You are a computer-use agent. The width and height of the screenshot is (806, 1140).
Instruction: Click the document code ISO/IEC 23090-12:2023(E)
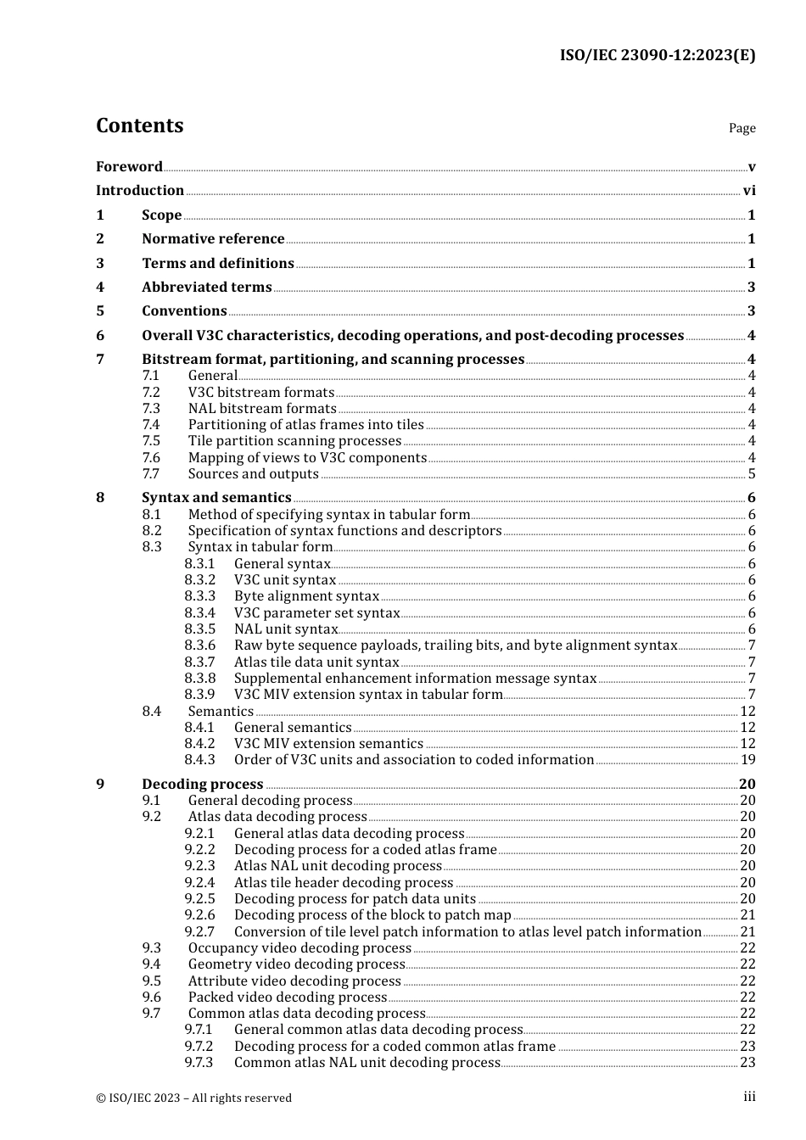pos(657,55)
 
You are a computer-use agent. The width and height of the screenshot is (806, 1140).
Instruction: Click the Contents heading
pos(139,126)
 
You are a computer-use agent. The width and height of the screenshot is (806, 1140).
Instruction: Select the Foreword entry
pos(129,167)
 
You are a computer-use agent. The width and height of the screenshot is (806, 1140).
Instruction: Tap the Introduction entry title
pos(140,191)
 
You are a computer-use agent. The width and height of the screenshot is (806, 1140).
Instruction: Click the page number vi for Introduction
pos(749,191)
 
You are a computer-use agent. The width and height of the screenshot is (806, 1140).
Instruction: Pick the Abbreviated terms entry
pos(206,288)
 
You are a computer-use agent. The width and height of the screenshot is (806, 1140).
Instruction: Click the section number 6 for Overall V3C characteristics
pos(100,336)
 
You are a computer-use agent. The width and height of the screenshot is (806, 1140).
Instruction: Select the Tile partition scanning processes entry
pos(294,441)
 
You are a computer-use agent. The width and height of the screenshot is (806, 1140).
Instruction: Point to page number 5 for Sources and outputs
pos(752,474)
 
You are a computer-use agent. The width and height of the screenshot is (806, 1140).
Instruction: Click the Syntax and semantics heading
pos(216,498)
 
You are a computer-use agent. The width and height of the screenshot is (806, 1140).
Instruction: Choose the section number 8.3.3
pos(200,596)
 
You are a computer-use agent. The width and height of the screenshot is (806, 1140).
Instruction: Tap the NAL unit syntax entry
pos(286,629)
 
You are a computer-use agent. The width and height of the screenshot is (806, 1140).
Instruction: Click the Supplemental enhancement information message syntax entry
pos(415,679)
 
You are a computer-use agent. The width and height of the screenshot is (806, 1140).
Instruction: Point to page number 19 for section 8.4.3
pos(747,760)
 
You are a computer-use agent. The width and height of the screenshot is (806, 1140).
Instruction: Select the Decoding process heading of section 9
pos(202,785)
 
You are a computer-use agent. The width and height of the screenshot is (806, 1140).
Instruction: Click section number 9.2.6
pos(200,915)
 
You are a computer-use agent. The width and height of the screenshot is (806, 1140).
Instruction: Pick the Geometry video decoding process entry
pos(296,964)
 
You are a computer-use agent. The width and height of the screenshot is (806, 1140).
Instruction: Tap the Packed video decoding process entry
pos(288,997)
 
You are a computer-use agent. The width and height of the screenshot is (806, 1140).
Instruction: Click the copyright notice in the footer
pos(193,1098)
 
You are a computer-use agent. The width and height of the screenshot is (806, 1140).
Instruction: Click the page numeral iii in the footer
pos(749,1098)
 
